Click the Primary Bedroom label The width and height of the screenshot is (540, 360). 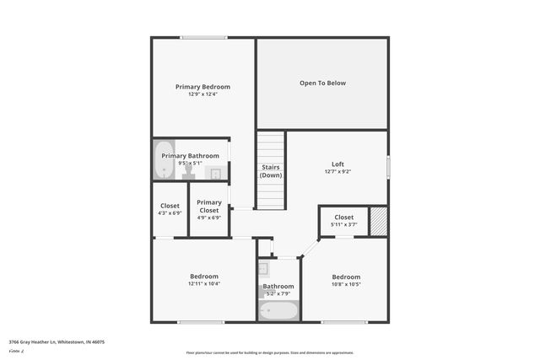[x=202, y=87]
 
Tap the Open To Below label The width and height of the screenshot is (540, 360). [x=322, y=83]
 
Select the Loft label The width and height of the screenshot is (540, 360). [x=337, y=164]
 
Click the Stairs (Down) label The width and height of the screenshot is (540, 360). [x=271, y=171]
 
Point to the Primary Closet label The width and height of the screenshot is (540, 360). [x=209, y=206]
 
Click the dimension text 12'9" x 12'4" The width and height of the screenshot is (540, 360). [x=202, y=94]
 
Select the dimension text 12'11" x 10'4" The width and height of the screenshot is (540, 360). [x=204, y=284]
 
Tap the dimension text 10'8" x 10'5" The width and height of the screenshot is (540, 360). [x=346, y=284]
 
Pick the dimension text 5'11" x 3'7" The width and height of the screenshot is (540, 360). [x=343, y=224]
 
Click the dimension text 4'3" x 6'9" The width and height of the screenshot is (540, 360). [x=170, y=213]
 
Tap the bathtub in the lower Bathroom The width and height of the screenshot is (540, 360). [x=278, y=310]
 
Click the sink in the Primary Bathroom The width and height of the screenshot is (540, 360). [x=215, y=174]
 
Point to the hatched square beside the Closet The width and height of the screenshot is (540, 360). [x=378, y=220]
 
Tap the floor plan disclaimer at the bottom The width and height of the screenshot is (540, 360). [x=270, y=352]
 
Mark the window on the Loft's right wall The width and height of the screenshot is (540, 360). [x=387, y=166]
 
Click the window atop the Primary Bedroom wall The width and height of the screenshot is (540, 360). [x=202, y=37]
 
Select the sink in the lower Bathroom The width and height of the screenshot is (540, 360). [x=263, y=270]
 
